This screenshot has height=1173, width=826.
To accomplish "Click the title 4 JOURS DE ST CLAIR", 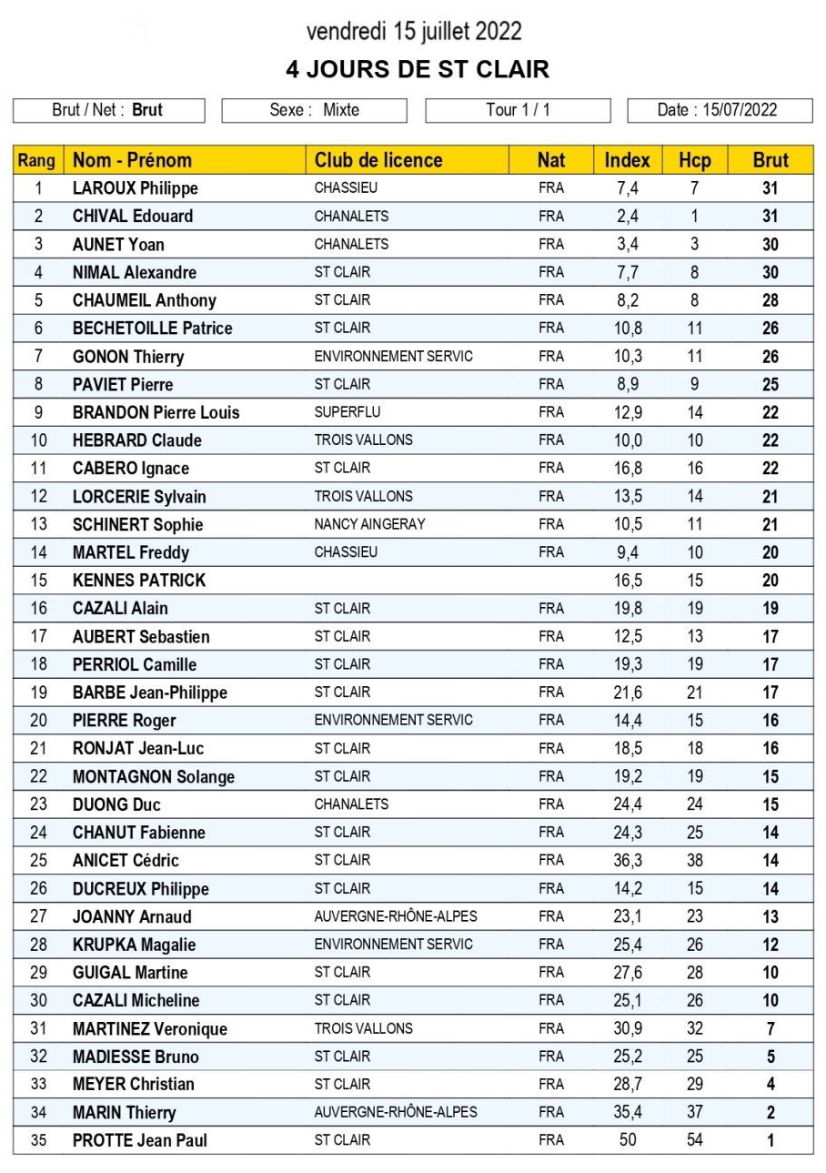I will click(x=417, y=70).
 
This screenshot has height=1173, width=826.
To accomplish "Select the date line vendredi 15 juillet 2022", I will click(x=414, y=32).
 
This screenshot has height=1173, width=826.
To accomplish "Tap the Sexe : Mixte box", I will click(x=314, y=110).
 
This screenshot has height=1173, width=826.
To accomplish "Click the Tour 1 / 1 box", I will click(x=518, y=110).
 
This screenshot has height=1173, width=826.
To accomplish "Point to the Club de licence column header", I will click(x=378, y=160).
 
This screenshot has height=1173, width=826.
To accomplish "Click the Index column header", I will click(x=627, y=160).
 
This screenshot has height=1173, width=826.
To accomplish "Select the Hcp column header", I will click(x=694, y=160).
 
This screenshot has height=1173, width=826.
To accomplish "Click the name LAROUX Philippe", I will click(x=135, y=188).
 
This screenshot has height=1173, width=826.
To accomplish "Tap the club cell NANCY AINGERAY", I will click(x=369, y=524).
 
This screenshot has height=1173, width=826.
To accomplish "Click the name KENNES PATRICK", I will click(x=139, y=580).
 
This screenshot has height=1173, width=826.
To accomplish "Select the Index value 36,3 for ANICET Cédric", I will click(x=627, y=860).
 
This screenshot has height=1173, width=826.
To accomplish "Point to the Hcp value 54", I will click(x=694, y=1140).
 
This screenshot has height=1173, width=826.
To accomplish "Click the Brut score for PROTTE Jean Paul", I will click(x=770, y=1140).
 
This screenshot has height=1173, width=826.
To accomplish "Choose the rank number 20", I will click(x=38, y=720).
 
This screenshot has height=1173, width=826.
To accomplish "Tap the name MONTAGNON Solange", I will click(x=153, y=776).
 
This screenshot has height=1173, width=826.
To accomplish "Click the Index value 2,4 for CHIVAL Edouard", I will click(x=627, y=217).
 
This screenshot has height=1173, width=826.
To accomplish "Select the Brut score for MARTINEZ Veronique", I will click(x=770, y=1028).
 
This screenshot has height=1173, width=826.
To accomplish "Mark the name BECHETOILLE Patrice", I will click(x=152, y=329).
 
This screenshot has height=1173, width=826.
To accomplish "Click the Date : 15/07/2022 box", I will click(x=719, y=110).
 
